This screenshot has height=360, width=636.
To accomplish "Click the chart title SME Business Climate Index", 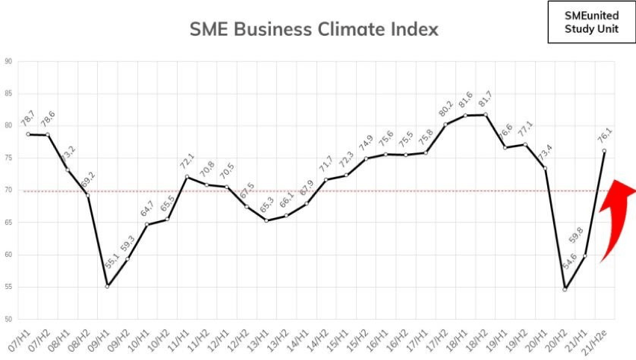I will [314, 30].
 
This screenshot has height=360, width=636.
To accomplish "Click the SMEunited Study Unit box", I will [584, 22].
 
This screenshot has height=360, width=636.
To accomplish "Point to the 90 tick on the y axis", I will [8, 62].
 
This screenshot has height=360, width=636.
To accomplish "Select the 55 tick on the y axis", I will [8, 288].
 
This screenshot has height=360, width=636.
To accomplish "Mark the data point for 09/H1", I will [107, 286].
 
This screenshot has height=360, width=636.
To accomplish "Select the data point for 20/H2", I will [565, 289].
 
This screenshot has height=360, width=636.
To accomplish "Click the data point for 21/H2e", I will [604, 151].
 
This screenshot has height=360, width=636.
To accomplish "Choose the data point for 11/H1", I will [186, 177].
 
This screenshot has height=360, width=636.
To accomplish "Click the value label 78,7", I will [27, 118].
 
